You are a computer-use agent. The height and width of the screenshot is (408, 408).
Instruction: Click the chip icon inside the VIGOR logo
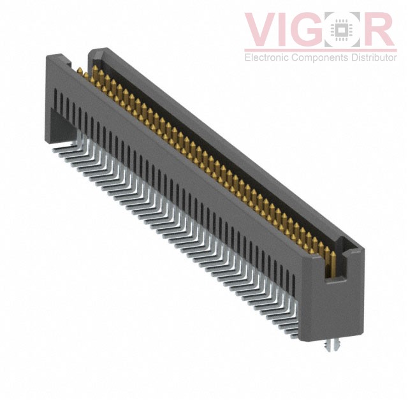point(341,29)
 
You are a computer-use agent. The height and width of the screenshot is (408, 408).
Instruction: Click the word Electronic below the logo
point(266,57)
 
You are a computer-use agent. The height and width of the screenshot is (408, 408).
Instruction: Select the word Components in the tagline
point(320,58)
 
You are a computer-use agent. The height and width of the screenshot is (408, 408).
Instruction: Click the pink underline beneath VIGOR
point(321,50)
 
